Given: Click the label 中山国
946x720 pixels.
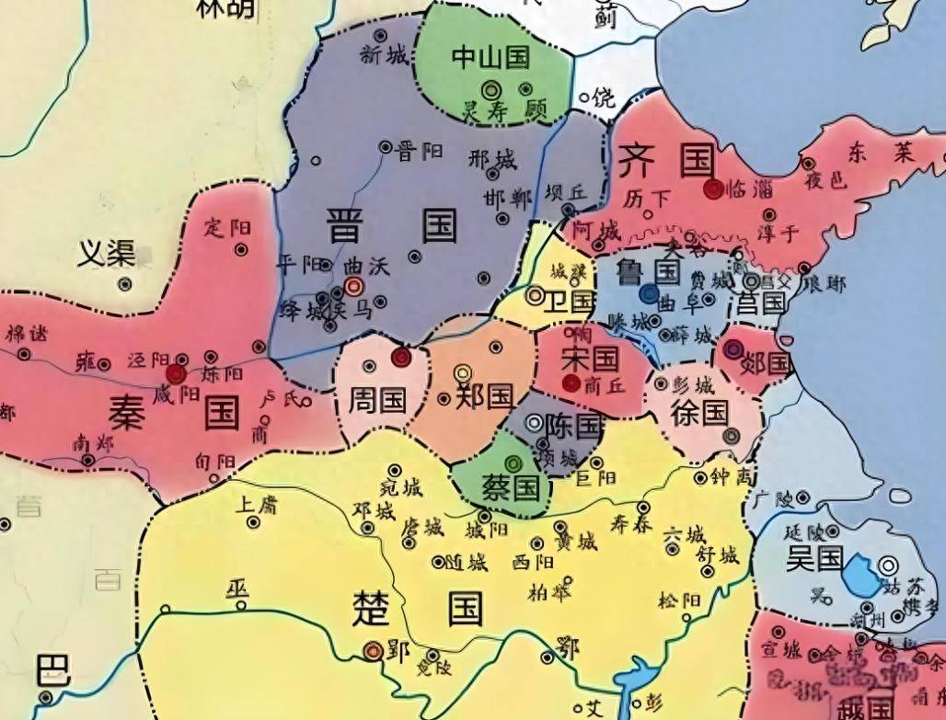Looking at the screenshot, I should pyautogui.click(x=491, y=58).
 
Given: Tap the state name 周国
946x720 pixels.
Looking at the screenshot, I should pyautogui.click(x=378, y=398).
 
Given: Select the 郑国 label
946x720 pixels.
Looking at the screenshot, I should pyautogui.click(x=485, y=396).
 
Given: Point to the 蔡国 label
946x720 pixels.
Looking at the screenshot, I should pyautogui.click(x=512, y=486).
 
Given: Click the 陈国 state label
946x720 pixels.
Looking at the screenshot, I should pyautogui.click(x=572, y=425).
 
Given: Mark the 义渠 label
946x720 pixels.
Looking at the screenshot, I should pyautogui.click(x=106, y=252).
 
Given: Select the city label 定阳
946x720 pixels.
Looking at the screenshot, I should pyautogui.click(x=226, y=226).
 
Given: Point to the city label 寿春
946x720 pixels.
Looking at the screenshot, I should pyautogui.click(x=631, y=523).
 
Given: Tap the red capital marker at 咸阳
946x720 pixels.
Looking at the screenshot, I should pyautogui.click(x=176, y=373).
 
